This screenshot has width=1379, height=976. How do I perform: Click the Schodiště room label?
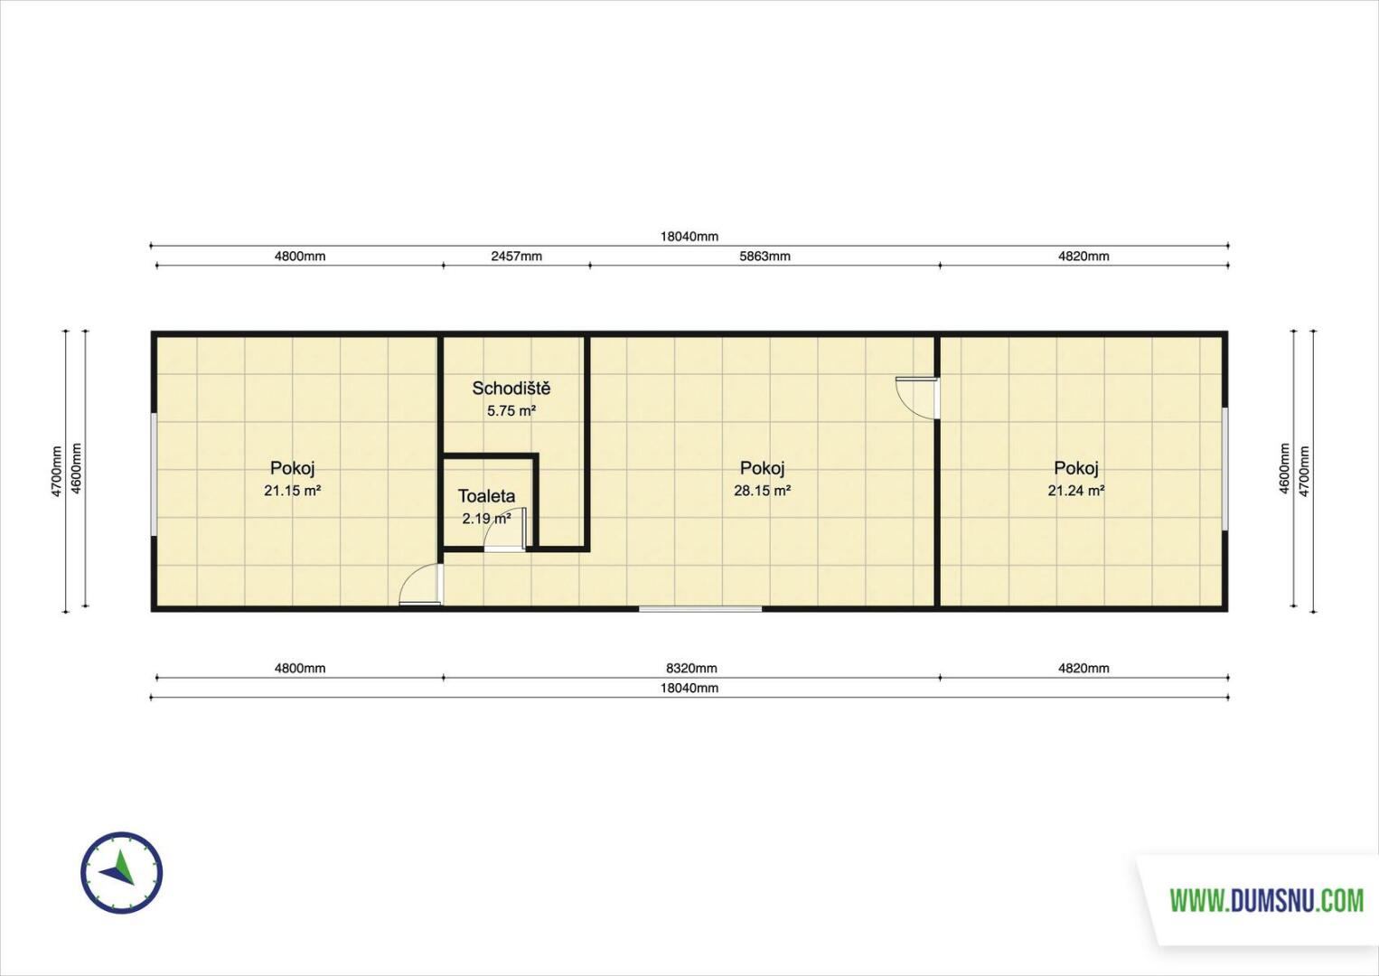coord(511,389)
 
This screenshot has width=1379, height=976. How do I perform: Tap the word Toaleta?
coord(486,496)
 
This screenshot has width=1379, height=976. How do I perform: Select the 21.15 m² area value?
coord(293,491)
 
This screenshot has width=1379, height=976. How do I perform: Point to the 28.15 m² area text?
coord(762,491)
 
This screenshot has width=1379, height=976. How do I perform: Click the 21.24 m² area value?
coord(1076,491)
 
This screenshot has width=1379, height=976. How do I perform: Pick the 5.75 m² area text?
coord(511,410)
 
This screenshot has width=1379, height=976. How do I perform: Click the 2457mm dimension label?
coord(517,256)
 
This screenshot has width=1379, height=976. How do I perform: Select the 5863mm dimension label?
coord(765,256)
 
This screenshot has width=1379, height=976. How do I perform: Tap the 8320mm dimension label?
coord(691,668)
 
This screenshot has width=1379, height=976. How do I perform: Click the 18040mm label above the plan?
coord(689,237)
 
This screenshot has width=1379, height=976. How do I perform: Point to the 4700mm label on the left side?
coord(57,472)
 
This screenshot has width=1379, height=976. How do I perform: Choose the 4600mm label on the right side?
coord(1285,469)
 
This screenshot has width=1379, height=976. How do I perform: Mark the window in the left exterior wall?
coord(154,474)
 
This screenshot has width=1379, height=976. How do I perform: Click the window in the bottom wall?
coord(700,609)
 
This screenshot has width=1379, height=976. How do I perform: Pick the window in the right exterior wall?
coord(1225,469)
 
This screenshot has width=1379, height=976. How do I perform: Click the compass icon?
coord(122,873)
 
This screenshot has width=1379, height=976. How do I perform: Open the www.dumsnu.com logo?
coord(1267,900)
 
